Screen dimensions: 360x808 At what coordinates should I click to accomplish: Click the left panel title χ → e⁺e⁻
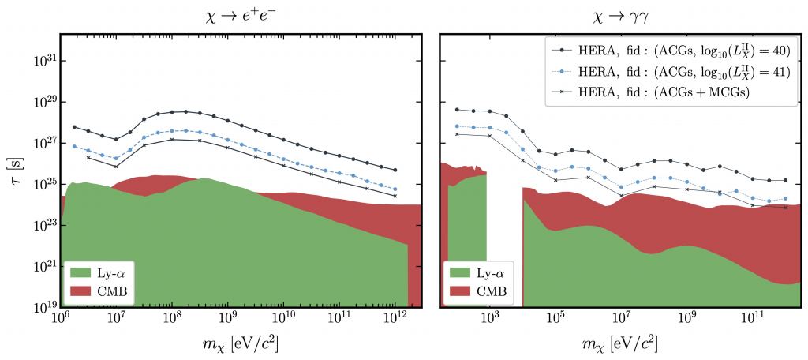pos(240,17)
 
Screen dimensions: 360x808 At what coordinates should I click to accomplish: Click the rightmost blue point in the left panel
pos(395,189)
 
